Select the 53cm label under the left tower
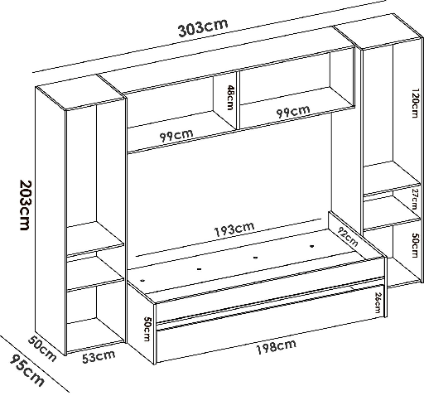pos(98,357)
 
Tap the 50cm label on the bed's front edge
pos(146,329)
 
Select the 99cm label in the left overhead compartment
pos(176,134)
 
